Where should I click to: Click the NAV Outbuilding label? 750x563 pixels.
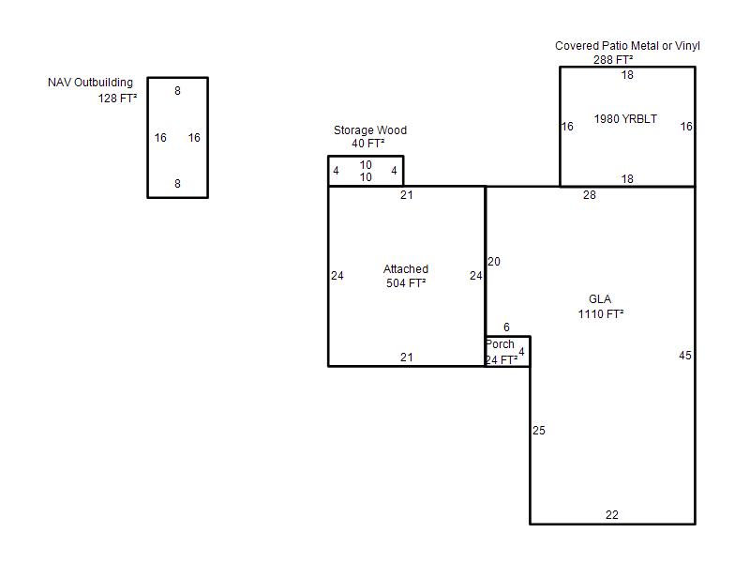point(90,83)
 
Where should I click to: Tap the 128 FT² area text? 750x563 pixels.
point(117,99)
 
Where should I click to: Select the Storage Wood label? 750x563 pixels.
point(370,130)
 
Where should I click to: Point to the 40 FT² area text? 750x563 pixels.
point(368,144)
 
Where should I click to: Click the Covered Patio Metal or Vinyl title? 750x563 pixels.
point(627,46)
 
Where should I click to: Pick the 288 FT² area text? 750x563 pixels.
point(613,60)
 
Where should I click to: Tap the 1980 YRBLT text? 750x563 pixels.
point(625,119)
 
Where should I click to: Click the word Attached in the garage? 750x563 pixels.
point(406,269)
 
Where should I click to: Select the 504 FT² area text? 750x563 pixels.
point(406,283)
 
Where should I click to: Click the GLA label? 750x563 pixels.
point(600,299)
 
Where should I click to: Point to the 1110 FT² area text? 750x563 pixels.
point(601,314)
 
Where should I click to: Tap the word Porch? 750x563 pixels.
point(501,344)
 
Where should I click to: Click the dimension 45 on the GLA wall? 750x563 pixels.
point(685,356)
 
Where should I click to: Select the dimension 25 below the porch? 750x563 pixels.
point(539,431)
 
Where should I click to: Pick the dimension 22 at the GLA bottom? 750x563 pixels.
point(612,514)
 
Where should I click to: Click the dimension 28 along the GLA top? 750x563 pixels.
point(590,195)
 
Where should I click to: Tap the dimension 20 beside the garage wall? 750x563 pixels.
point(494,262)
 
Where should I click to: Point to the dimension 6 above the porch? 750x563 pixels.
point(506,327)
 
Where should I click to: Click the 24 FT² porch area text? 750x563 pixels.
point(502,360)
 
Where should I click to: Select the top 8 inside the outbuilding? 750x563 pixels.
point(177,90)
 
